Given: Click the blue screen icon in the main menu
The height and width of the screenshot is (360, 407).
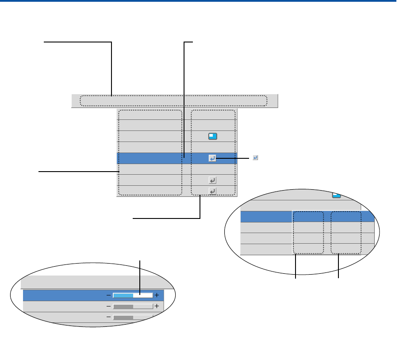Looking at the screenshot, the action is click(x=213, y=136).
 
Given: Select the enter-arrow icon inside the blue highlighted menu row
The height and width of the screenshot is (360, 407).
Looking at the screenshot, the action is click(x=212, y=158).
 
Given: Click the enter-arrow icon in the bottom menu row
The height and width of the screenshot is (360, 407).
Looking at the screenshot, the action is click(x=212, y=191).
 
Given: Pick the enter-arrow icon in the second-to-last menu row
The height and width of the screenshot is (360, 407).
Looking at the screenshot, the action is click(x=212, y=180).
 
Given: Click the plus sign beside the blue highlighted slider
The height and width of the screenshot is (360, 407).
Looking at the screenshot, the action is click(x=157, y=295).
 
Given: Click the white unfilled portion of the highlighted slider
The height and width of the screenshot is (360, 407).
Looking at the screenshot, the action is click(x=146, y=295).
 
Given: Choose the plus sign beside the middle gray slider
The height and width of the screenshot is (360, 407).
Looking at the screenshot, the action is click(x=157, y=306).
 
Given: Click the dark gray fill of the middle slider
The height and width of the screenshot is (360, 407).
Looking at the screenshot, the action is click(x=123, y=306).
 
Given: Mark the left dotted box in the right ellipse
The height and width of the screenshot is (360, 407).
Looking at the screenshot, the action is click(x=308, y=233).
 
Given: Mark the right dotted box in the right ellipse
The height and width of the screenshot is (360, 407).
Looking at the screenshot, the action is click(x=346, y=233).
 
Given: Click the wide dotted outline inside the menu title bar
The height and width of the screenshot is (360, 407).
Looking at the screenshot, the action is click(x=173, y=101).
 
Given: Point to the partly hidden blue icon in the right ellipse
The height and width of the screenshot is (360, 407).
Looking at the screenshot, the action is click(x=336, y=195).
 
